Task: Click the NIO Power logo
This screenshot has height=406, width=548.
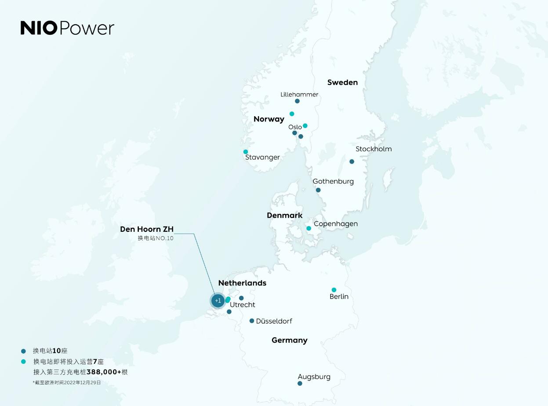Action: click(67, 28)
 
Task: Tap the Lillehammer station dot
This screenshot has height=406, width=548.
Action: click(297, 101)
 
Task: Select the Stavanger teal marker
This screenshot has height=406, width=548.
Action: click(246, 152)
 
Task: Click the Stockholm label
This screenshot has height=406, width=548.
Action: click(374, 149)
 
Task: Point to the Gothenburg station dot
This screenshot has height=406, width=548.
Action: click(318, 190)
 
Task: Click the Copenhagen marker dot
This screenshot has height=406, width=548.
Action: click(309, 228)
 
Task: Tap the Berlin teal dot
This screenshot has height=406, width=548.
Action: click(334, 290)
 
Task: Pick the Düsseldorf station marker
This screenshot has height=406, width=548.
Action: click(252, 321)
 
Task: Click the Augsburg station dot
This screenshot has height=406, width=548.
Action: click(300, 384)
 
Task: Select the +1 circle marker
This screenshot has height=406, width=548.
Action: click(218, 301)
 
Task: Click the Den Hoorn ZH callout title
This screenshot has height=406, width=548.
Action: click(147, 229)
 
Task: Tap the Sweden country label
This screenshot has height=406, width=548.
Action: click(342, 82)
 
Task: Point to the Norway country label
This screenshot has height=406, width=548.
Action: click(269, 119)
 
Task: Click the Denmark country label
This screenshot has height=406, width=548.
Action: click(285, 216)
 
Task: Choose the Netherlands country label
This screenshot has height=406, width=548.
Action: click(242, 283)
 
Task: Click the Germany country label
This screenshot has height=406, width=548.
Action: click(290, 340)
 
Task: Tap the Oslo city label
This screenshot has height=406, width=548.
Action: click(295, 127)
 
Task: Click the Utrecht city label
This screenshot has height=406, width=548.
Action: click(243, 305)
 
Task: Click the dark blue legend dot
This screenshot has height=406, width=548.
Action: click(23, 351)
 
